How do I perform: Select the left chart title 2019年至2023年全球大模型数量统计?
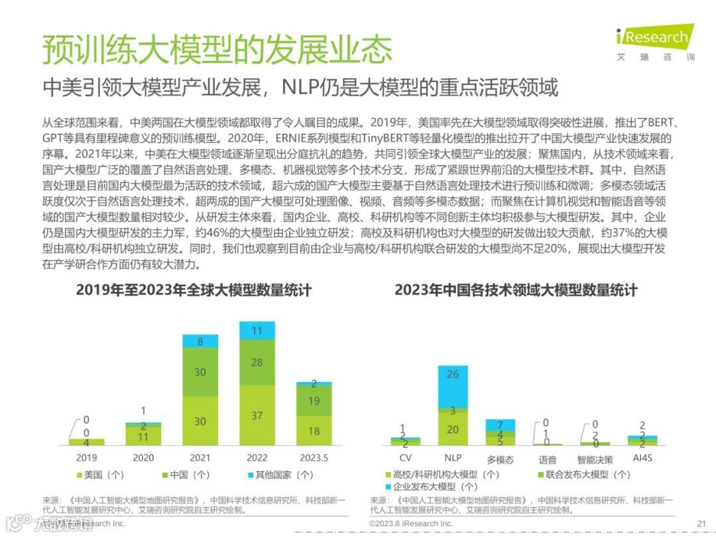pyautogui.click(x=194, y=290)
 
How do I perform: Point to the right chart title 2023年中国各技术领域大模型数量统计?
pyautogui.click(x=516, y=290)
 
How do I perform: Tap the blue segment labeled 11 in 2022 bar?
pyautogui.click(x=257, y=330)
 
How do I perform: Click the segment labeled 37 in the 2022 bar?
pyautogui.click(x=257, y=415)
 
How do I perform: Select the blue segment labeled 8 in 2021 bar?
pyautogui.click(x=200, y=341)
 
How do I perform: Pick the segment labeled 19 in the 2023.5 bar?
pyautogui.click(x=314, y=400)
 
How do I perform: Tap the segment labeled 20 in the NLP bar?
pyautogui.click(x=453, y=429)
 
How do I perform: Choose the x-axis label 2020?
pyautogui.click(x=143, y=457)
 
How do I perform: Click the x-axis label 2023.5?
pyautogui.click(x=314, y=457)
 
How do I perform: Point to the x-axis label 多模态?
pyautogui.click(x=500, y=459)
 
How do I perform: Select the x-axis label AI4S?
pyautogui.click(x=642, y=458)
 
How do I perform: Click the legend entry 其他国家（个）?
pyautogui.click(x=281, y=475)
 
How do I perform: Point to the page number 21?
pyautogui.click(x=701, y=523)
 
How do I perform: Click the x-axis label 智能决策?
pyautogui.click(x=595, y=459)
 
